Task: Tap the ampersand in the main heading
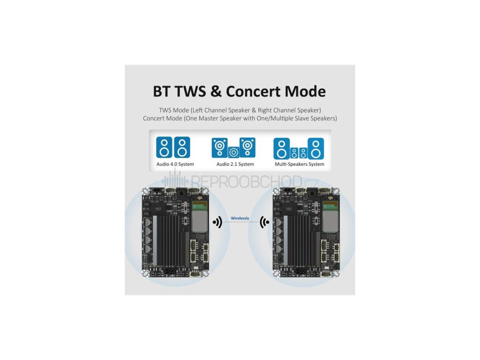216,91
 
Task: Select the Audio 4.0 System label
175,165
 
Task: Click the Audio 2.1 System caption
235,165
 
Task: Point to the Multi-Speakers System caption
300,165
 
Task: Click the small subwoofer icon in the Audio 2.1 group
234,152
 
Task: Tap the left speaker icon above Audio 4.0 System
164,147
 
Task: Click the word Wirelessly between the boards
240,218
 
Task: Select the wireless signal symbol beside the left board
217,222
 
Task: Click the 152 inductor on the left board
158,209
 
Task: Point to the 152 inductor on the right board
289,209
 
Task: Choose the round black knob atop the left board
180,194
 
